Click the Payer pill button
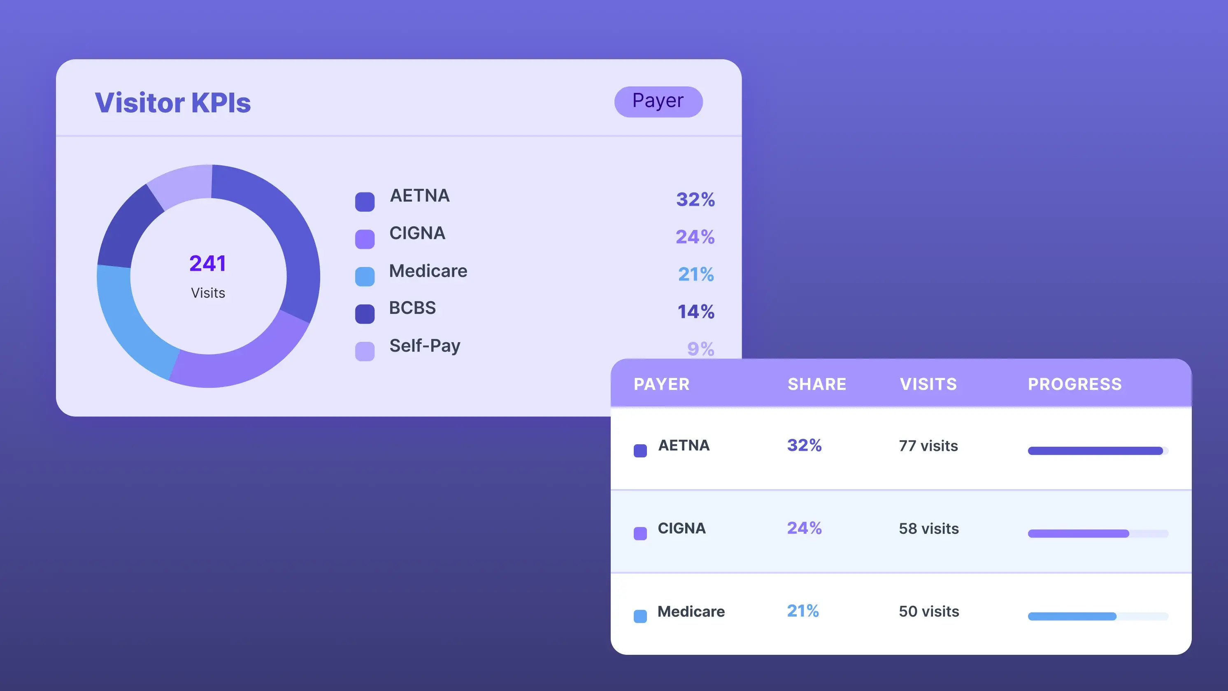tap(658, 102)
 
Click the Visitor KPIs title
tap(172, 102)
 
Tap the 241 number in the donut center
tap(207, 263)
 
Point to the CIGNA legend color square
tap(365, 239)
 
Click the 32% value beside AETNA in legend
tap(695, 199)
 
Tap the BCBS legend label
tap(412, 308)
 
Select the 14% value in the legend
tap(695, 312)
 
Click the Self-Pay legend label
tap(424, 345)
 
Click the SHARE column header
tap(816, 384)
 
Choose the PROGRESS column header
tap(1074, 384)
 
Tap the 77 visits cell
tap(928, 445)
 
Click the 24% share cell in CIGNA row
tap(804, 528)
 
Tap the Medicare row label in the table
tap(691, 612)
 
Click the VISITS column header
tap(928, 384)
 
